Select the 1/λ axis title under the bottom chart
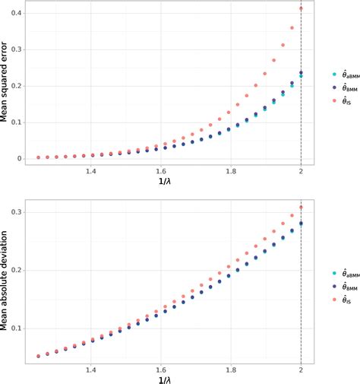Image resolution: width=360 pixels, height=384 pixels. click(x=163, y=379)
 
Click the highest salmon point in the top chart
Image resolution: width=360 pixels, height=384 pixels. click(x=301, y=9)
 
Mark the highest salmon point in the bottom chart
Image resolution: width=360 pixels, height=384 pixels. click(x=301, y=208)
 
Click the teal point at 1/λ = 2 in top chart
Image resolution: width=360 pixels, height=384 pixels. click(x=301, y=76)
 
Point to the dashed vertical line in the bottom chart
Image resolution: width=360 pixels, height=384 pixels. click(x=301, y=289)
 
